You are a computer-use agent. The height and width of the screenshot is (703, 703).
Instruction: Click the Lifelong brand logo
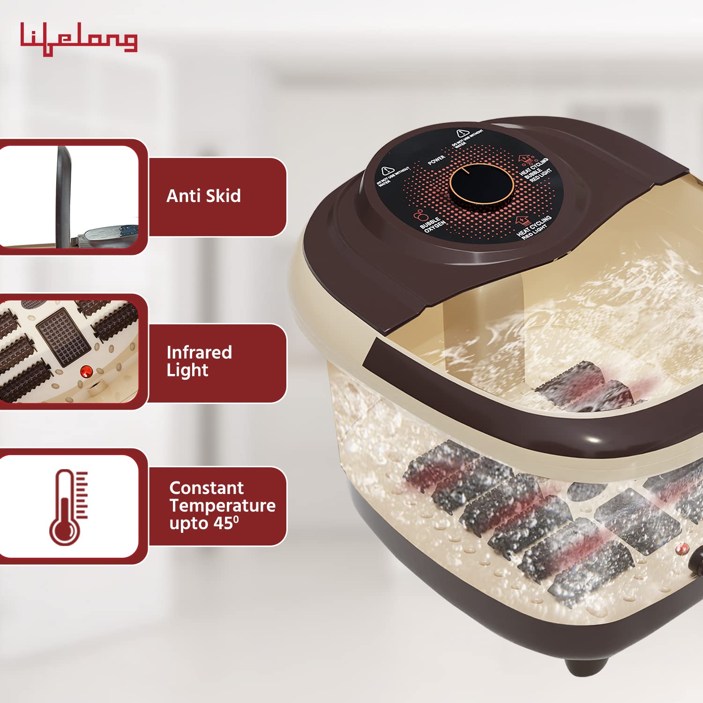pyautogui.click(x=79, y=38)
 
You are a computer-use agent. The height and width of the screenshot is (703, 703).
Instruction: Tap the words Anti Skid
pyautogui.click(x=203, y=196)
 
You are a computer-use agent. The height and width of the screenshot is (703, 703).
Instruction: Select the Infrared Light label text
pyautogui.click(x=199, y=361)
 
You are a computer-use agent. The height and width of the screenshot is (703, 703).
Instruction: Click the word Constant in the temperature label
pyautogui.click(x=206, y=488)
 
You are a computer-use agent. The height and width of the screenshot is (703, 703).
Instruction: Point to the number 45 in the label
pyautogui.click(x=224, y=523)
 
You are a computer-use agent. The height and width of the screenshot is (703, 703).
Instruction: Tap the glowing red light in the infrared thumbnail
pyautogui.click(x=85, y=372)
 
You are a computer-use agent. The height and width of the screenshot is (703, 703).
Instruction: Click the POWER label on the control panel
pyautogui.click(x=436, y=160)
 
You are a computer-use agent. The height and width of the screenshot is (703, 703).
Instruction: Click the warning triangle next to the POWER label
pyautogui.click(x=463, y=134)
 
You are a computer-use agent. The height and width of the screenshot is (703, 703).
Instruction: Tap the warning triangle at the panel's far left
pyautogui.click(x=387, y=171)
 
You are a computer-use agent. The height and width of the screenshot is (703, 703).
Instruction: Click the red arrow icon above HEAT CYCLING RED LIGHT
pyautogui.click(x=522, y=220)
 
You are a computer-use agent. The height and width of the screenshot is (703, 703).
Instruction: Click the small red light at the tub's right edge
pyautogui.click(x=682, y=548)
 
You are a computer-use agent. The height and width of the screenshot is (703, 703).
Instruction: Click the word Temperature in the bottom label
pyautogui.click(x=222, y=506)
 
